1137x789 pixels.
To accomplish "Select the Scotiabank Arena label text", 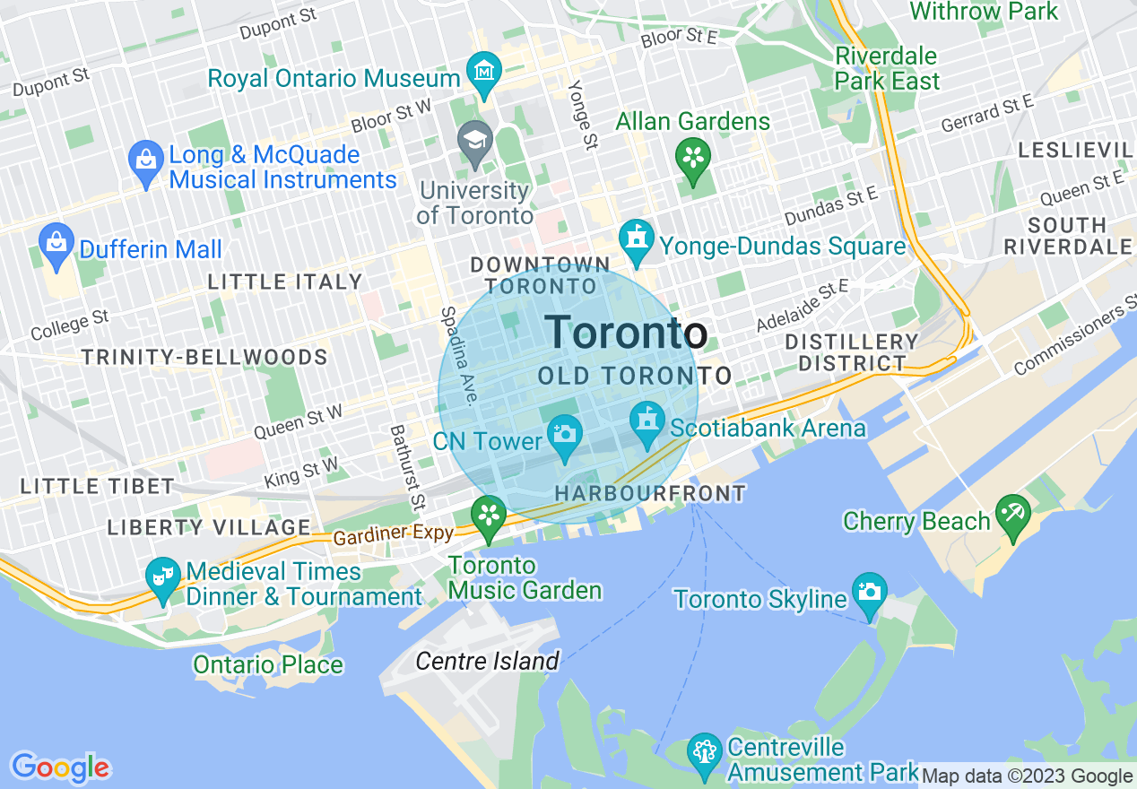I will click(768, 428).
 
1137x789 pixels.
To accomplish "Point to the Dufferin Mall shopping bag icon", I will click(57, 242).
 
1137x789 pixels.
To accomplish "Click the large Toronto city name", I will click(626, 333).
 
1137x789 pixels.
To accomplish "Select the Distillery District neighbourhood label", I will click(851, 352).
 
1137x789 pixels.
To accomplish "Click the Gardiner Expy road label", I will click(393, 535).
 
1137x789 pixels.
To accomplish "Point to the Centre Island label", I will click(487, 662).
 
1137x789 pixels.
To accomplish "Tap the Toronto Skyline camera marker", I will click(869, 593).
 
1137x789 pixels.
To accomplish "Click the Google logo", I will click(60, 767).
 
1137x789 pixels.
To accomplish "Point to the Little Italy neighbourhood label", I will click(284, 282).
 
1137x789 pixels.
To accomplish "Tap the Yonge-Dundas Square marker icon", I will click(637, 239).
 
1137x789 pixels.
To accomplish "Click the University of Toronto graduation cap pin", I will click(475, 143).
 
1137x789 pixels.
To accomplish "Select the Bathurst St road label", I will click(405, 464).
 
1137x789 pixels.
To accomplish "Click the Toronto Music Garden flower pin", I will click(490, 516).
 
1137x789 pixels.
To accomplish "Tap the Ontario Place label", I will click(268, 664).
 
